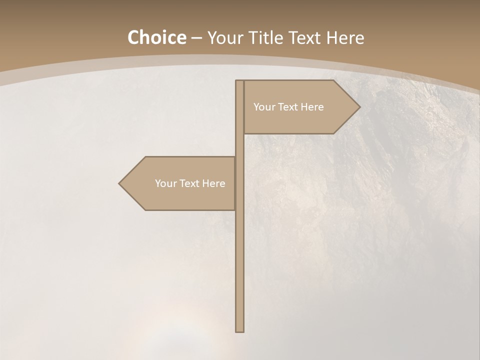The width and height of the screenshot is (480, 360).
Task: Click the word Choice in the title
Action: point(156,37)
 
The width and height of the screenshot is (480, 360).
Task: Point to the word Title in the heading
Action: point(264,37)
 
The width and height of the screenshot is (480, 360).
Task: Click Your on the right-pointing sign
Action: point(264,107)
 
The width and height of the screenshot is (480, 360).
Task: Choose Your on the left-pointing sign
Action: point(165,183)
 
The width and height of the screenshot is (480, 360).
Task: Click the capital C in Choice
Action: point(134,37)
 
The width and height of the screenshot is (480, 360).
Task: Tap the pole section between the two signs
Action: point(239,145)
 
